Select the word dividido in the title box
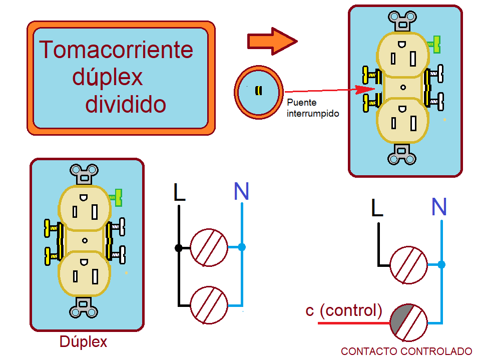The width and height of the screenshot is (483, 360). point(126,104)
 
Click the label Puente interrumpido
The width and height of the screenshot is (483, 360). point(313,108)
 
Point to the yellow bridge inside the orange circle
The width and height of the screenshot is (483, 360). point(258,91)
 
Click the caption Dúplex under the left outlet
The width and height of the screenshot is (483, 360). point(83,342)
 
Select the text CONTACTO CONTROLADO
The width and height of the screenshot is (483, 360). point(406,351)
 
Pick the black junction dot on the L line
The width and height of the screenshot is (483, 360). point(178,248)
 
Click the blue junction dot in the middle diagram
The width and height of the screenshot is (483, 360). point(242,247)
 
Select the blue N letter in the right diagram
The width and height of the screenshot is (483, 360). point(439,207)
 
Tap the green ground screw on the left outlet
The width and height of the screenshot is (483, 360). point(118,197)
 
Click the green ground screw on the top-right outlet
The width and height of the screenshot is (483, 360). point(436,44)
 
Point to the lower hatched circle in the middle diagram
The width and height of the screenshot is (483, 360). point(209,305)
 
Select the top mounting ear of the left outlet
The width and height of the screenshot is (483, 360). point(84,173)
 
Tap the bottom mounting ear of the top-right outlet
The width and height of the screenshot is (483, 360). point(402,154)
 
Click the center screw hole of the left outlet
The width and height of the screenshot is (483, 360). point(85,241)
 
